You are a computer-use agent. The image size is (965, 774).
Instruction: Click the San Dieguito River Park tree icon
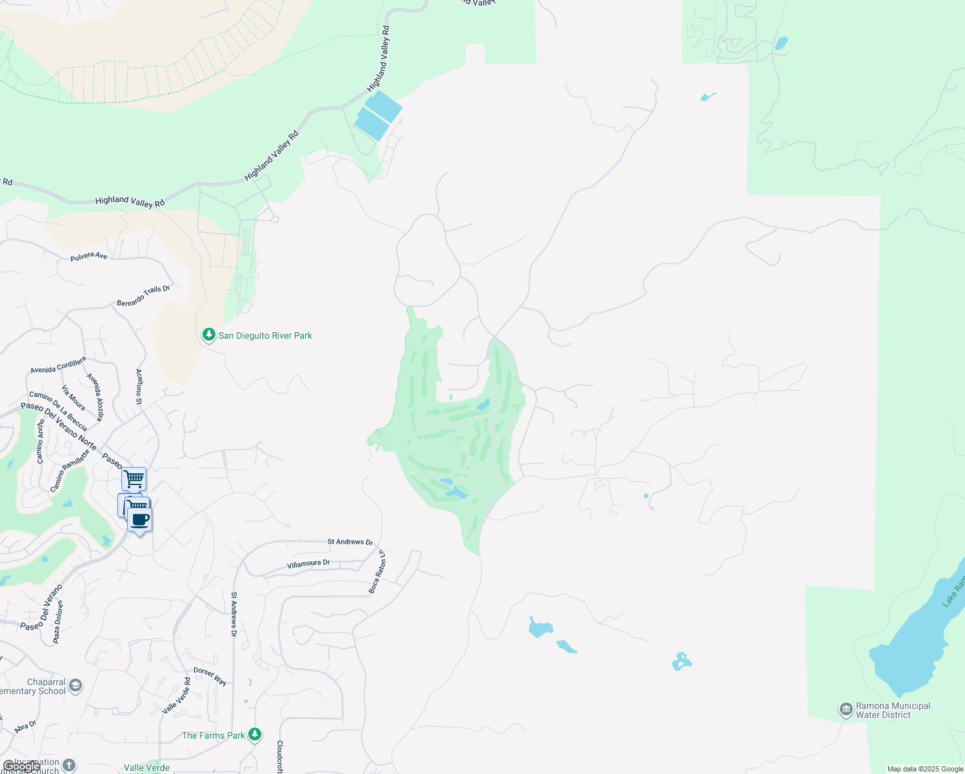pyautogui.click(x=208, y=335)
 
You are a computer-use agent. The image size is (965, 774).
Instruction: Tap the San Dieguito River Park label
pyautogui.click(x=265, y=335)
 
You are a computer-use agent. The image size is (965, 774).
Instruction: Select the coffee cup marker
pyautogui.click(x=139, y=520)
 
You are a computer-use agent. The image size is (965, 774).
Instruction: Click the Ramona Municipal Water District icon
pyautogui.click(x=846, y=710)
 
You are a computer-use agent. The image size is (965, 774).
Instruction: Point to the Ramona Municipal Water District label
pyautogui.click(x=893, y=710)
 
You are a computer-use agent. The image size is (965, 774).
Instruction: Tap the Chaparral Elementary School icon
pyautogui.click(x=75, y=685)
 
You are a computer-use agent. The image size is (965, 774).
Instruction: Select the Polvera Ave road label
pyautogui.click(x=89, y=256)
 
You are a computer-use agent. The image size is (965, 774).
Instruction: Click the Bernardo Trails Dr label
pyautogui.click(x=143, y=295)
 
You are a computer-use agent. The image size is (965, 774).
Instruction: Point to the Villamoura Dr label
pyautogui.click(x=308, y=564)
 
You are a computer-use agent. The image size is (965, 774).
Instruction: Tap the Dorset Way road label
pyautogui.click(x=210, y=676)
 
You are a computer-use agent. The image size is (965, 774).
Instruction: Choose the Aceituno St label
pyautogui.click(x=139, y=386)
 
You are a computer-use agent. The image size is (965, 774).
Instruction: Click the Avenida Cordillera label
pyautogui.click(x=58, y=365)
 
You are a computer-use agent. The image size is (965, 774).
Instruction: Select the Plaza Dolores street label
pyautogui.click(x=58, y=622)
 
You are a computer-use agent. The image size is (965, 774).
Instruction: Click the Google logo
pyautogui.click(x=21, y=767)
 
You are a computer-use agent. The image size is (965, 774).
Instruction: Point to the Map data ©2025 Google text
pyautogui.click(x=925, y=769)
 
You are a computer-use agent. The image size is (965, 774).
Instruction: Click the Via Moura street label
pyautogui.click(x=74, y=397)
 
